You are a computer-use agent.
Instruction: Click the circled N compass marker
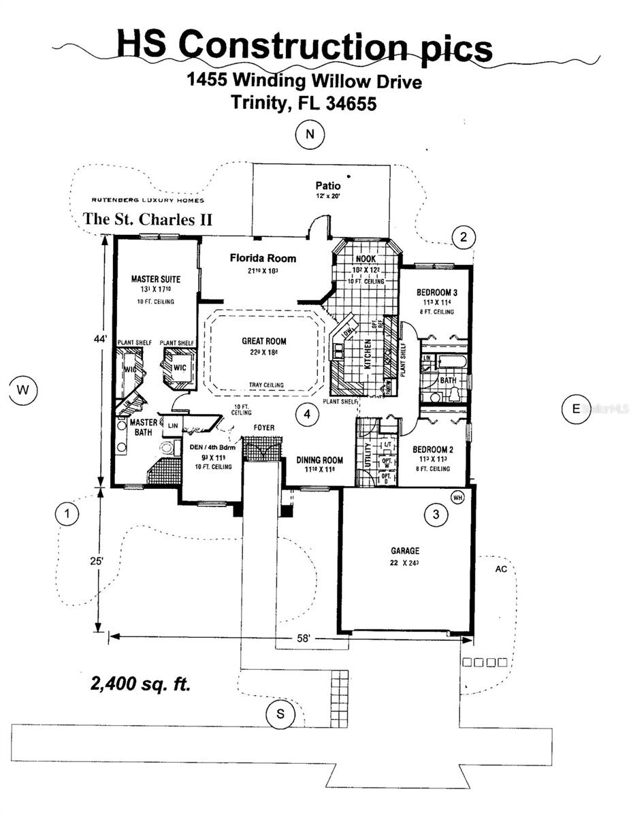(310, 135)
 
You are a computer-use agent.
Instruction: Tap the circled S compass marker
(280, 714)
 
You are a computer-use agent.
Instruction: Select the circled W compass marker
(23, 390)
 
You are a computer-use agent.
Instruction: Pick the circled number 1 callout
(66, 514)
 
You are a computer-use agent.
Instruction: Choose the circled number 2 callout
(463, 238)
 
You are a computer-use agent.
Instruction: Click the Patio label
(327, 185)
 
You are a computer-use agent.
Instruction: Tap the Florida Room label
(263, 258)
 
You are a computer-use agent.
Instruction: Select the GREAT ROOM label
(264, 341)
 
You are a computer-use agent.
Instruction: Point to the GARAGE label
(404, 551)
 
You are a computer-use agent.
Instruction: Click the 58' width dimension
(303, 639)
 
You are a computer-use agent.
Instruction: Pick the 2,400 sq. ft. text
(140, 684)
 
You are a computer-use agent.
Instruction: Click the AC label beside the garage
(501, 568)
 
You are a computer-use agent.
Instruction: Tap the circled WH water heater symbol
(457, 497)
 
